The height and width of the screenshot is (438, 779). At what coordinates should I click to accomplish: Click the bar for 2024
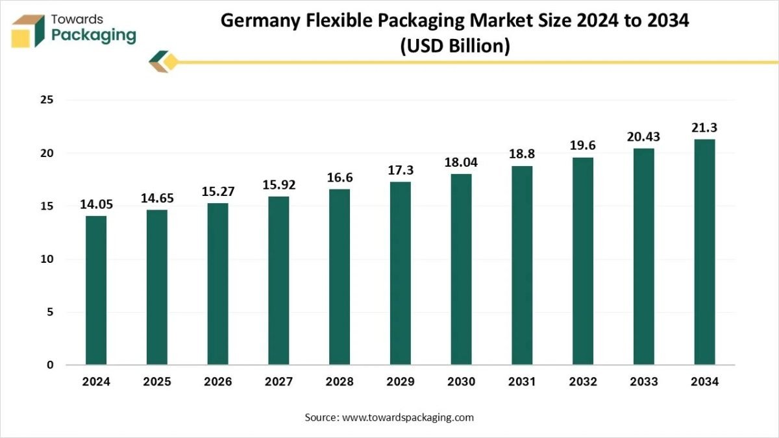pyautogui.click(x=96, y=290)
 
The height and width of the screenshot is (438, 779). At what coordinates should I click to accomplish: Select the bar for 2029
pyautogui.click(x=401, y=273)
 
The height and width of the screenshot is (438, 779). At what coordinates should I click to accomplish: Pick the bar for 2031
pyautogui.click(x=522, y=265)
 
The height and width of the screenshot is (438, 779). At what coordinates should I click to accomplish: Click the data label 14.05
pyautogui.click(x=96, y=204)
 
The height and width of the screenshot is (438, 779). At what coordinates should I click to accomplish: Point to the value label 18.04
pyautogui.click(x=461, y=162)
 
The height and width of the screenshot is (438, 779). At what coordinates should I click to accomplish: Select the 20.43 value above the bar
pyautogui.click(x=643, y=137)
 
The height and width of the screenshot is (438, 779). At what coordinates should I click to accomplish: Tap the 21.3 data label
pyautogui.click(x=704, y=127)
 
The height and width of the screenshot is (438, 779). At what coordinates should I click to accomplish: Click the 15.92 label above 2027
pyautogui.click(x=278, y=185)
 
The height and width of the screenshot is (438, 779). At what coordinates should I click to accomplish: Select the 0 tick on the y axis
pyautogui.click(x=49, y=365)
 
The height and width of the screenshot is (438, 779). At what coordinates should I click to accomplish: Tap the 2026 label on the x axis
pyautogui.click(x=217, y=382)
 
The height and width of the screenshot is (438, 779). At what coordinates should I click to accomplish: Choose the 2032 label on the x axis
pyautogui.click(x=583, y=382)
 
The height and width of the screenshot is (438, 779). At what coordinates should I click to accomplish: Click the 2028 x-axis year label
pyautogui.click(x=340, y=382)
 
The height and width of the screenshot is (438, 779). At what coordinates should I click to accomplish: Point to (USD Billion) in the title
pyautogui.click(x=454, y=47)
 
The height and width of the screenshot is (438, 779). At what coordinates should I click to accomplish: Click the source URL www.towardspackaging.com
pyautogui.click(x=408, y=417)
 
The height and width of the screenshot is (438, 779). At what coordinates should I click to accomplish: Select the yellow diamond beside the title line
pyautogui.click(x=171, y=62)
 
